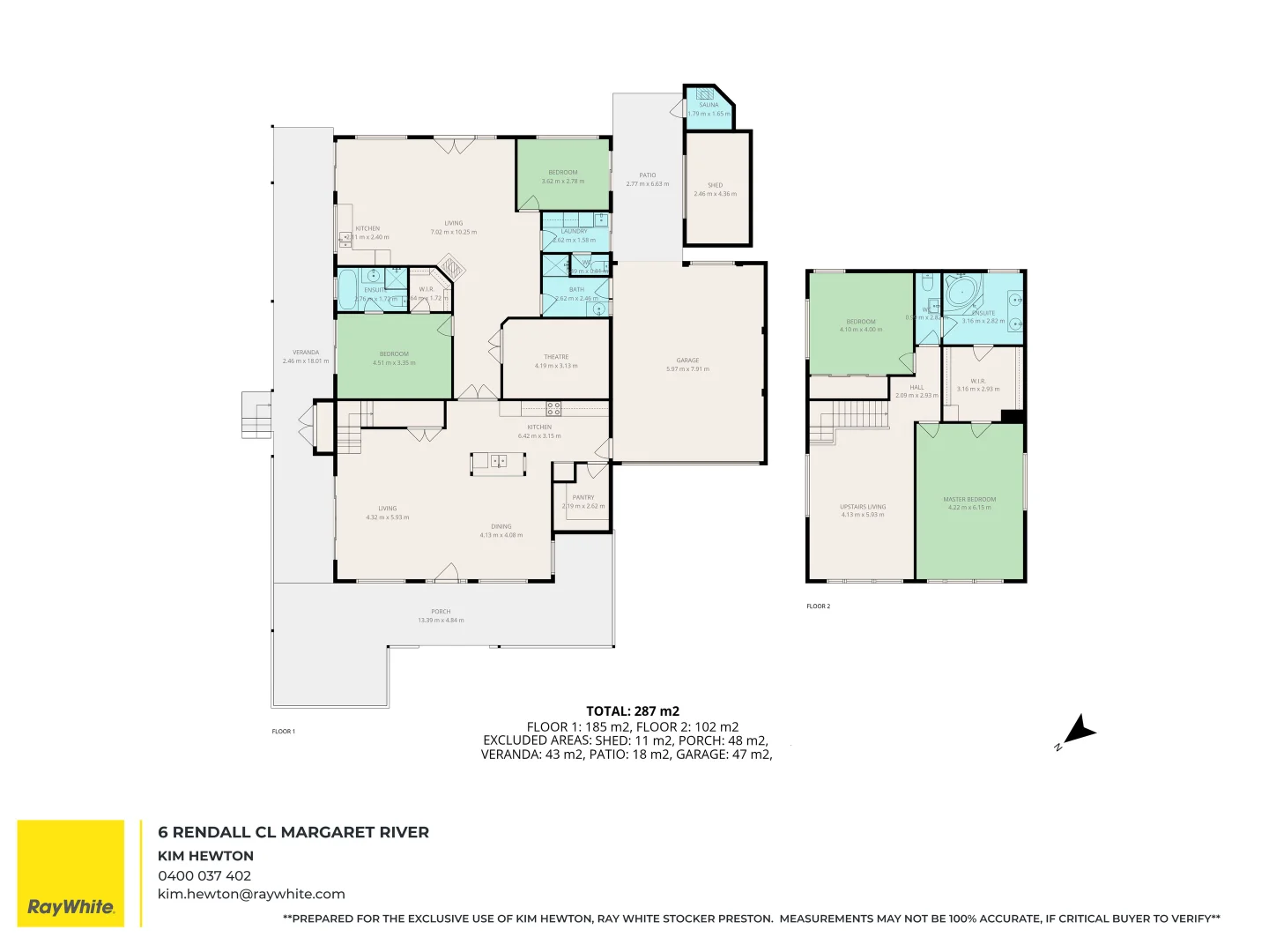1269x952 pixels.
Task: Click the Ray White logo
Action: pyautogui.click(x=70, y=874)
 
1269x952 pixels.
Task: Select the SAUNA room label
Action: pyautogui.click(x=709, y=105)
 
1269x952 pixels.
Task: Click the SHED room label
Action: pyautogui.click(x=715, y=186)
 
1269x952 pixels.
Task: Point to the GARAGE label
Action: pyautogui.click(x=687, y=361)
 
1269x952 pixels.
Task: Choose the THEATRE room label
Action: pyautogui.click(x=555, y=357)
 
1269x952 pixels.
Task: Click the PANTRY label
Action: pyautogui.click(x=583, y=497)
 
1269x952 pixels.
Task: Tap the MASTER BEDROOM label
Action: pyautogui.click(x=969, y=499)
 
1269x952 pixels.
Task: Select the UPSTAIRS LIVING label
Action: pyautogui.click(x=862, y=507)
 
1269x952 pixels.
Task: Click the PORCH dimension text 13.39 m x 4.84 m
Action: pyautogui.click(x=441, y=621)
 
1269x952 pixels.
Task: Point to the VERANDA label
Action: pyautogui.click(x=306, y=353)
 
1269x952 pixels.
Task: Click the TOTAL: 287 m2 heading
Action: pyautogui.click(x=633, y=710)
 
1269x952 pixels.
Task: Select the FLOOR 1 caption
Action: pyautogui.click(x=283, y=732)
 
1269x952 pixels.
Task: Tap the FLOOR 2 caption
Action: pyautogui.click(x=818, y=606)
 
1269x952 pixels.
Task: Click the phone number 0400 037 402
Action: pyautogui.click(x=204, y=875)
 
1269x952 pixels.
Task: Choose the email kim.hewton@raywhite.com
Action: pyautogui.click(x=251, y=894)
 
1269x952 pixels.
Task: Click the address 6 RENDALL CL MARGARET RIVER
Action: pyautogui.click(x=293, y=832)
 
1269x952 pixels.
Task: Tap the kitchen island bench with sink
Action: pyautogui.click(x=498, y=462)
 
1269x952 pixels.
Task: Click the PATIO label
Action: pyautogui.click(x=647, y=175)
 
